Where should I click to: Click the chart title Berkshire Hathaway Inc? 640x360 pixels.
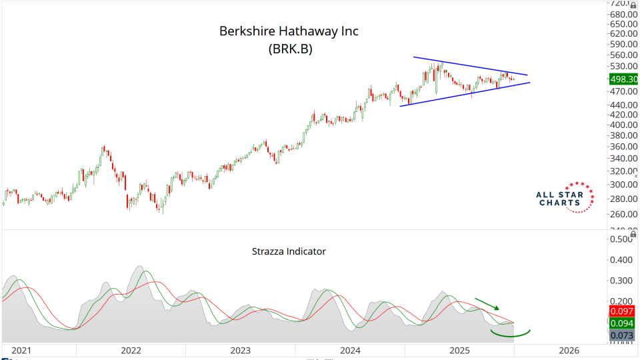(x=289, y=32)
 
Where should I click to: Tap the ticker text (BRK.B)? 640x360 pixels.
(x=290, y=49)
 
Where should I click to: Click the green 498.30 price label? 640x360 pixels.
(x=624, y=79)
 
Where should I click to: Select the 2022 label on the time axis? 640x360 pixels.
(x=131, y=350)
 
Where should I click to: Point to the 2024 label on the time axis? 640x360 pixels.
(x=350, y=350)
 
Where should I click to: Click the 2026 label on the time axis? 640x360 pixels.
(x=569, y=350)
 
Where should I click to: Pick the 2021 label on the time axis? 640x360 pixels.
(x=21, y=350)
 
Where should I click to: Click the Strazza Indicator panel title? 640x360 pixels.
(x=289, y=251)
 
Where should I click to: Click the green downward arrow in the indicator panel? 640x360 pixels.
(x=487, y=304)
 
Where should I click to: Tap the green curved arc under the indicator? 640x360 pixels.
(x=511, y=332)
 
